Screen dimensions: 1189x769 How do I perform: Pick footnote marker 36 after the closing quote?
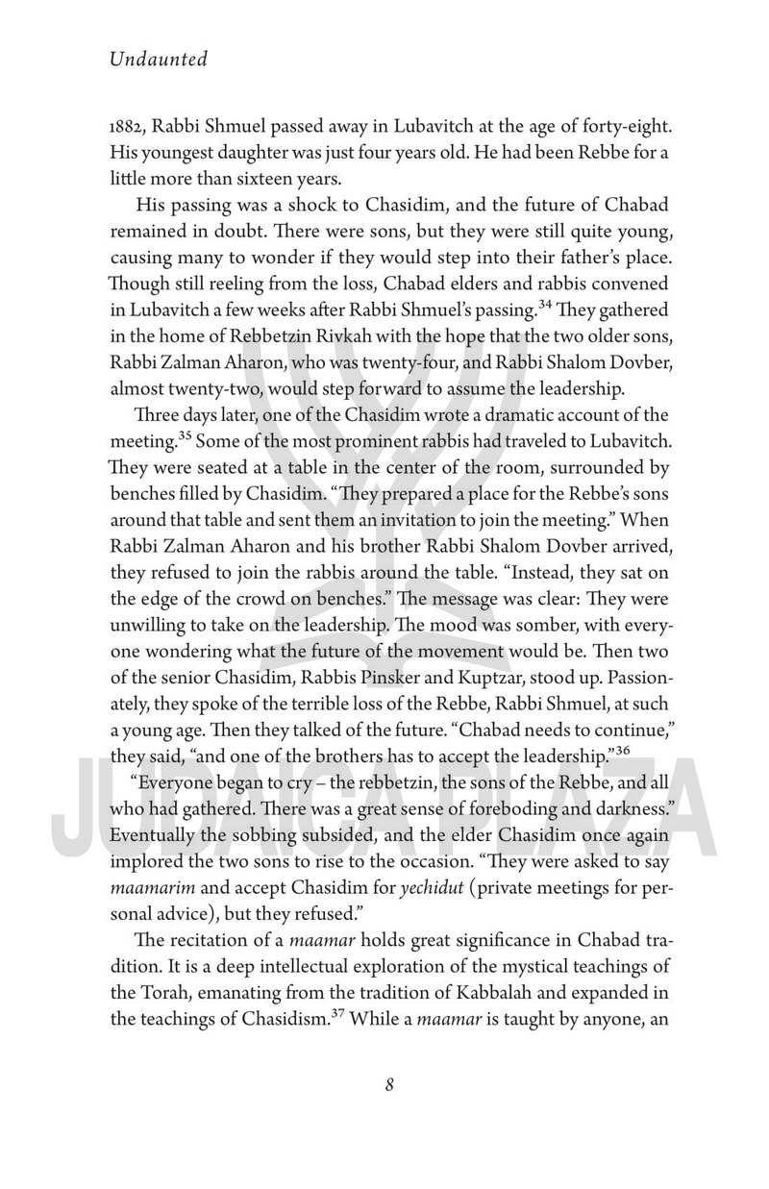tap(622, 743)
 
